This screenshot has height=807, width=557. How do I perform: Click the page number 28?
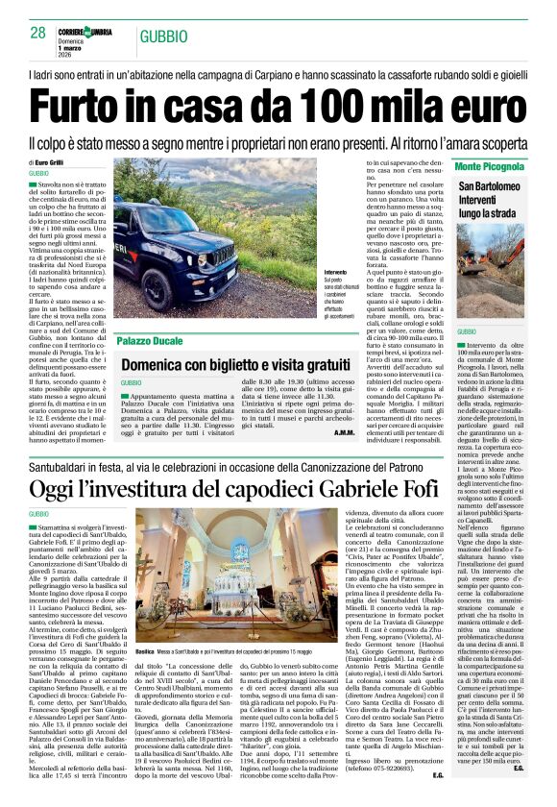tap(38, 33)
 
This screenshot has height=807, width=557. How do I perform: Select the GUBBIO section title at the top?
tap(163, 37)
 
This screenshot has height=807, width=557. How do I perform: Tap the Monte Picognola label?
tap(490, 166)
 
